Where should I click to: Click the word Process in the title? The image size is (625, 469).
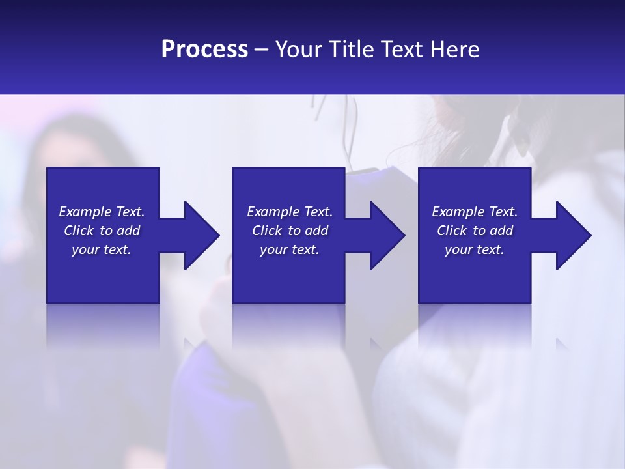click(204, 50)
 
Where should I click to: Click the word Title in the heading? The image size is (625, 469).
click(351, 50)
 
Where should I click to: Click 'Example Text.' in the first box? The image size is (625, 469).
click(102, 212)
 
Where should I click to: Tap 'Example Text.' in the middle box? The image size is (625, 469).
click(290, 212)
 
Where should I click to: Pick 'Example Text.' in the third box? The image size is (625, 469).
click(475, 212)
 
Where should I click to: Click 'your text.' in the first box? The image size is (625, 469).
click(102, 249)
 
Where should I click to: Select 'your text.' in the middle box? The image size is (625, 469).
click(290, 249)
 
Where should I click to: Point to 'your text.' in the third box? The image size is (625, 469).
click(475, 249)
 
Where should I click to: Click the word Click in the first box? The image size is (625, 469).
click(79, 231)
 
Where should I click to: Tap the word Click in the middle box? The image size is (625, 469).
click(267, 231)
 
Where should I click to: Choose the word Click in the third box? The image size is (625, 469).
click(452, 231)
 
